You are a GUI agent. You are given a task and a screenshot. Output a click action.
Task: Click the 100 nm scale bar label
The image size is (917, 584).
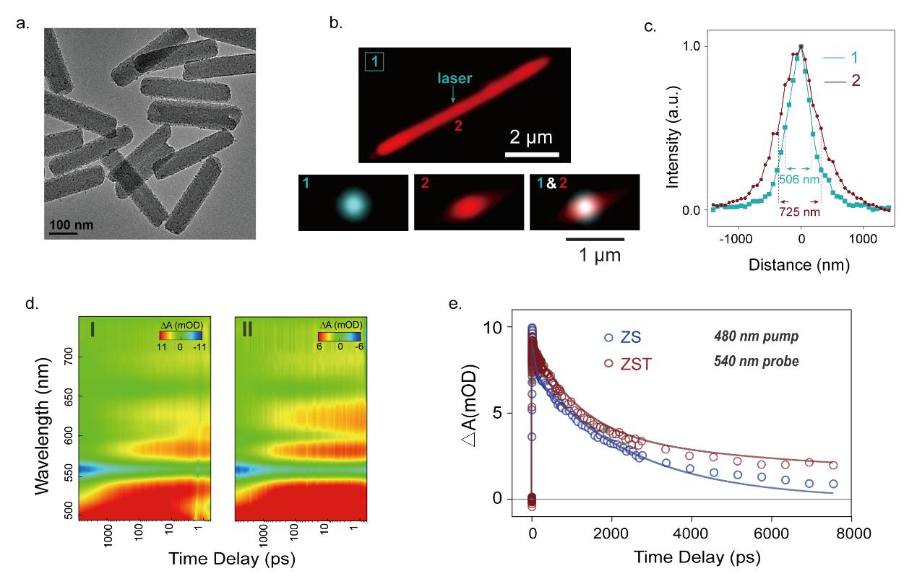point(71,226)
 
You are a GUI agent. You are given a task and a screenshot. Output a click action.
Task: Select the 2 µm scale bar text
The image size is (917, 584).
point(531,137)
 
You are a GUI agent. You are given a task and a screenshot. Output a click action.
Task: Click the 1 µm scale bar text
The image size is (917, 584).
point(594,255)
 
